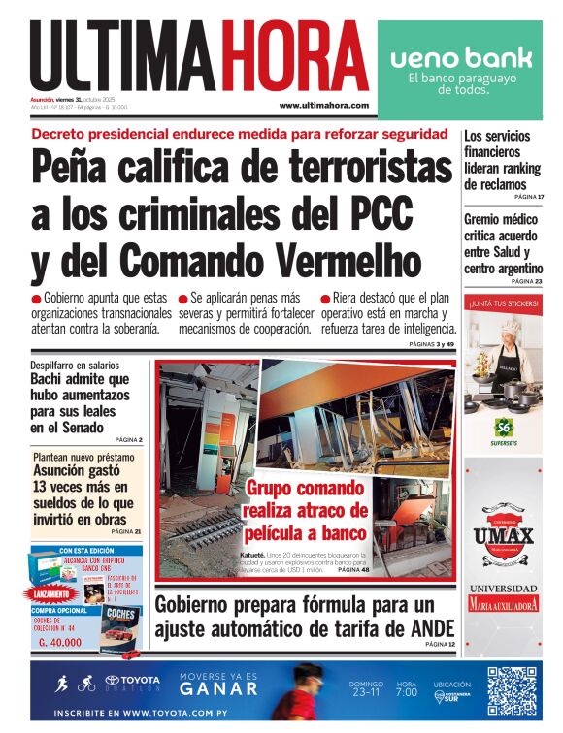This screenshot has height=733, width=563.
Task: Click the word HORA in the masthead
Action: (x=293, y=55)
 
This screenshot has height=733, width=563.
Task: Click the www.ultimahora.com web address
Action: (x=323, y=105)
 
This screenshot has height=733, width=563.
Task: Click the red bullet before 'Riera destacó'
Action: (x=326, y=299)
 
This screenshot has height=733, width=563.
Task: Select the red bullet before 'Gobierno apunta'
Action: (x=37, y=299)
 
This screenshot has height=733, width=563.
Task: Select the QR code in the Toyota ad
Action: (x=511, y=691)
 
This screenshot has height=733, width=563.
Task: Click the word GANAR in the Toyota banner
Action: (x=219, y=690)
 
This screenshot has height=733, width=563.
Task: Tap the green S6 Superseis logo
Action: (x=503, y=425)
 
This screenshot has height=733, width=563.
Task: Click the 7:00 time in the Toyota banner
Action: (x=406, y=693)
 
